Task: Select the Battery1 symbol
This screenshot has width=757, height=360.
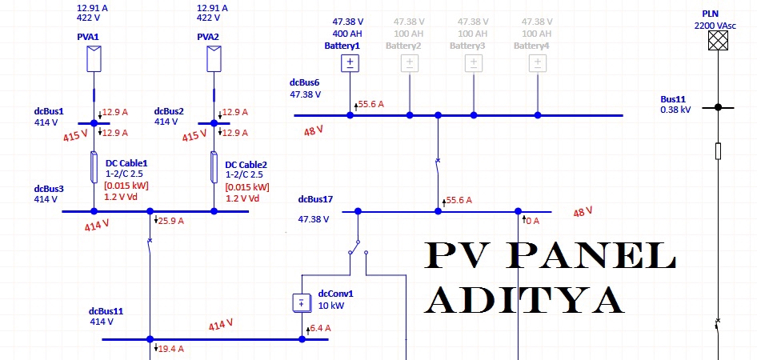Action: click(x=350, y=64)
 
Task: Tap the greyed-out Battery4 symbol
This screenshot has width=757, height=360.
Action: click(x=538, y=64)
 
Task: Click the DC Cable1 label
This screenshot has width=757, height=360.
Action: click(x=126, y=163)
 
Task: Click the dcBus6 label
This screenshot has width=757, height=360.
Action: click(x=304, y=82)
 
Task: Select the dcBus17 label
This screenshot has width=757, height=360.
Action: click(x=314, y=199)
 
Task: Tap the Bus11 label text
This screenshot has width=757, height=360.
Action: click(x=674, y=99)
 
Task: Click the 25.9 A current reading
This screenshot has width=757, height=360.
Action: click(x=171, y=221)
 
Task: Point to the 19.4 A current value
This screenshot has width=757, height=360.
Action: click(x=171, y=349)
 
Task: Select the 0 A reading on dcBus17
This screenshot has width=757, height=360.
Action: click(x=533, y=221)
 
